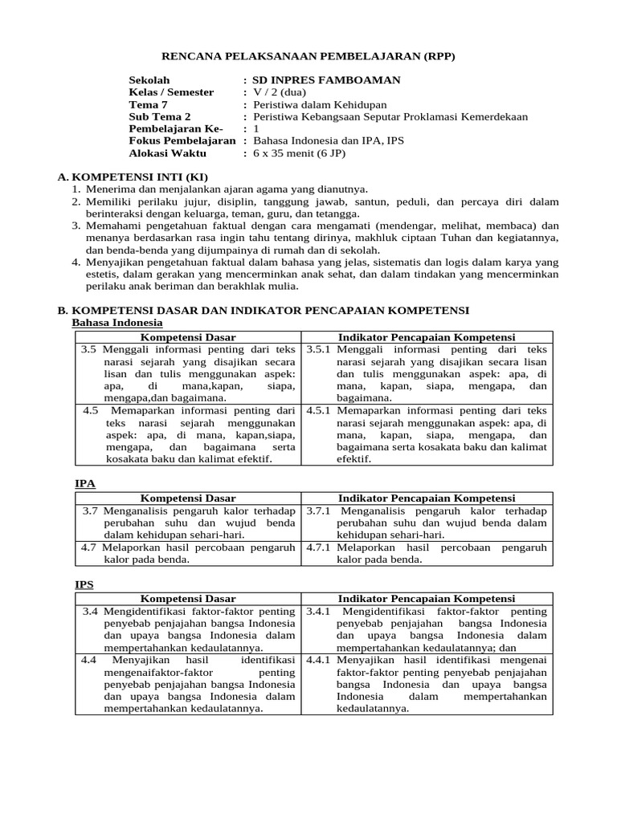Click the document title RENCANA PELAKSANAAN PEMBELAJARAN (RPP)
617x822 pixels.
pyautogui.click(x=308, y=56)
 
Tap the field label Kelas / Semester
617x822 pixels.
pyautogui.click(x=171, y=92)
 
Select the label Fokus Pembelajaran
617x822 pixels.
pyautogui.click(x=182, y=140)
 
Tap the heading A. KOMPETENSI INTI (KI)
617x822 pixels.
pyautogui.click(x=133, y=177)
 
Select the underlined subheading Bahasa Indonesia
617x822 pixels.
pyautogui.click(x=117, y=322)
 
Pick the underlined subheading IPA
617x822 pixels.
pyautogui.click(x=85, y=483)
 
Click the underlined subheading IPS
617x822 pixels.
pyautogui.click(x=84, y=585)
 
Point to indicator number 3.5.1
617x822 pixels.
pyautogui.click(x=319, y=350)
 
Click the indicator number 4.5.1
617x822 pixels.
pyautogui.click(x=319, y=411)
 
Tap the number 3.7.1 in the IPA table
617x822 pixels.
pyautogui.click(x=319, y=511)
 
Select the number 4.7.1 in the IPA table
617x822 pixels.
pyautogui.click(x=319, y=547)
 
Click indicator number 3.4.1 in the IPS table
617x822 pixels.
pyautogui.click(x=319, y=612)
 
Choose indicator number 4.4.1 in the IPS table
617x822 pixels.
pyautogui.click(x=319, y=660)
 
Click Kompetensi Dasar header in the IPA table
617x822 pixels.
pyautogui.click(x=188, y=498)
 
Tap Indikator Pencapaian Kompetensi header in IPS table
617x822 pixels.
pyautogui.click(x=427, y=599)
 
